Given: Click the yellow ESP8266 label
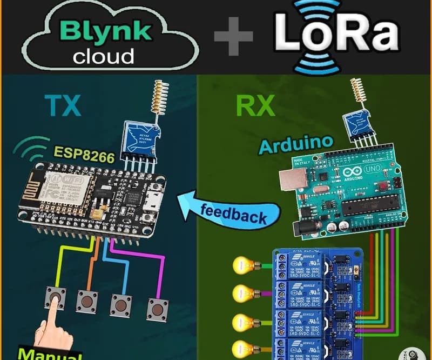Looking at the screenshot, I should [x=83, y=157].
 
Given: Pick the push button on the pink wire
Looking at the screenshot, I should [x=158, y=309].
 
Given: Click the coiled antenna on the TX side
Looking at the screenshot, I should [x=158, y=97].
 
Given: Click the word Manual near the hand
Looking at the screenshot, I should [x=49, y=354].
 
